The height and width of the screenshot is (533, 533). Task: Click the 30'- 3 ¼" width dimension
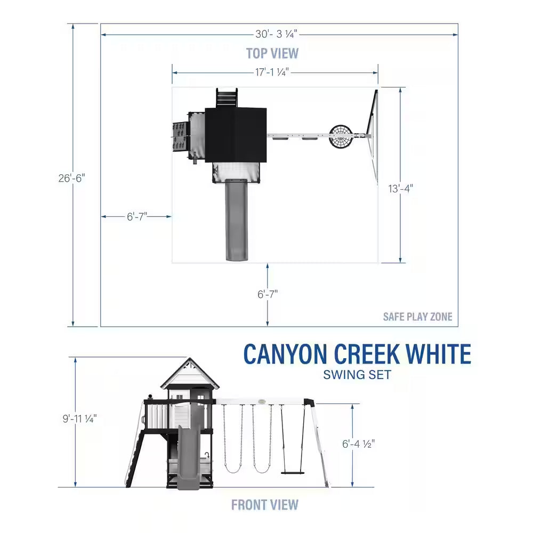click(276, 34)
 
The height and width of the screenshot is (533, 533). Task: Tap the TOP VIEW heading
click(272, 53)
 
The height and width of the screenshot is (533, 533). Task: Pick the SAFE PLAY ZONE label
click(417, 317)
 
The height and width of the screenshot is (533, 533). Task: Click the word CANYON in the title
click(286, 354)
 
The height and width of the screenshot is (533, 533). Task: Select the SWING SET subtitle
click(357, 375)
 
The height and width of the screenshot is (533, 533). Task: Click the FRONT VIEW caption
click(265, 504)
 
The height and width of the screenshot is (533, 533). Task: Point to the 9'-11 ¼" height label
click(79, 419)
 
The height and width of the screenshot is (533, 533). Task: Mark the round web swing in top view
click(342, 136)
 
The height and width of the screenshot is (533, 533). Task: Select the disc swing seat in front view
click(293, 472)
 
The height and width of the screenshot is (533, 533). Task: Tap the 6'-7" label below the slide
click(268, 294)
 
